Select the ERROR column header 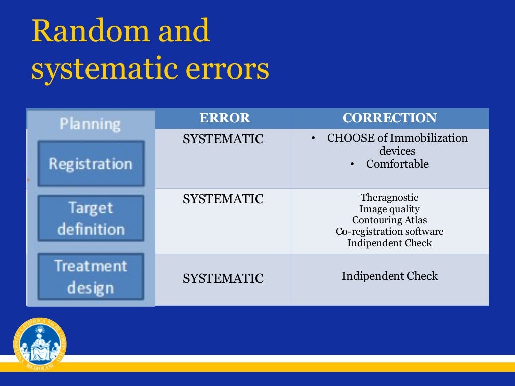click(224, 118)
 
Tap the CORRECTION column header click(389, 118)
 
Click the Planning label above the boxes click(90, 124)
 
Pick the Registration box click(91, 164)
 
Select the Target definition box click(91, 218)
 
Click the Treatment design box click(91, 276)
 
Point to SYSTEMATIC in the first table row click(223, 139)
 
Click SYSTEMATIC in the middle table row click(223, 199)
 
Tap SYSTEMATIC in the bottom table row click(223, 278)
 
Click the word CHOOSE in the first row click(350, 138)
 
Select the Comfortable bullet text click(397, 164)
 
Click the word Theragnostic click(389, 198)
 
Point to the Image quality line click(389, 209)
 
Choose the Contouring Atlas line click(389, 220)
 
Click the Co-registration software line click(389, 232)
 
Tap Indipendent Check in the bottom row click(389, 276)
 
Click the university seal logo click(40, 344)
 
